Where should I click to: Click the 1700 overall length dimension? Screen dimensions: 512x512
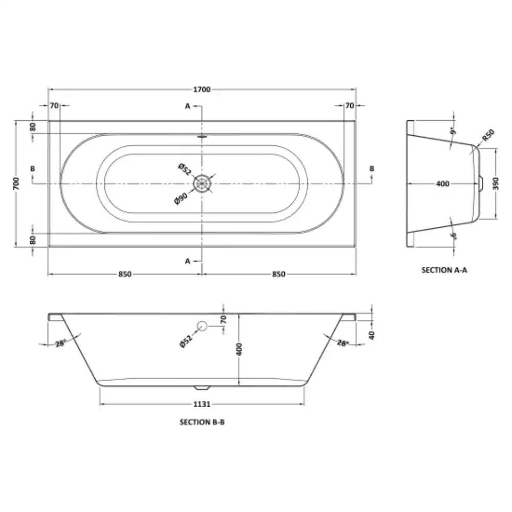pos(202,90)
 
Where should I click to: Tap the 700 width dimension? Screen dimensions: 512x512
pos(16,183)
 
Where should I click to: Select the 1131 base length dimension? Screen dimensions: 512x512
pos(202,404)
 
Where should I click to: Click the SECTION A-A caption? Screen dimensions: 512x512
pos(444,270)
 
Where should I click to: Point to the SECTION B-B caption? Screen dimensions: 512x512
pos(202,422)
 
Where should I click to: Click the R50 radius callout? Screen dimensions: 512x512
pos(488,135)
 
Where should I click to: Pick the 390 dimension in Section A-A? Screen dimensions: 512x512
pos(496,183)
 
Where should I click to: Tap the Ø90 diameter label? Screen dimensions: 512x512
pos(181,199)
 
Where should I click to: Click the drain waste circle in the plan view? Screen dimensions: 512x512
pos(202,183)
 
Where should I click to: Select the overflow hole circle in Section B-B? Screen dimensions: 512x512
pos(202,326)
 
